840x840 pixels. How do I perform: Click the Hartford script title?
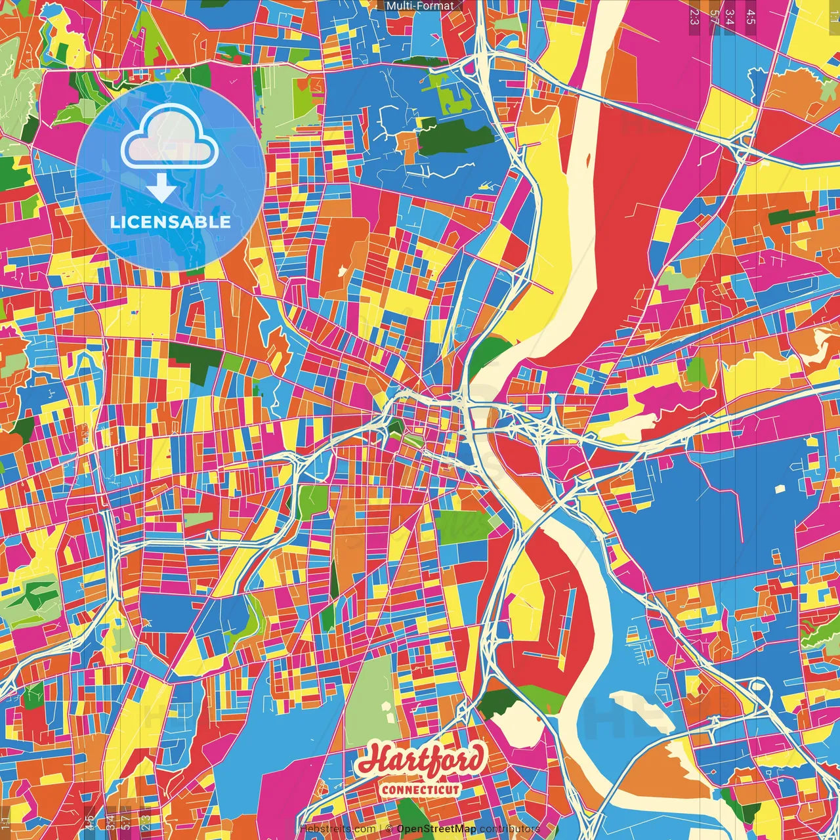pyautogui.click(x=421, y=759)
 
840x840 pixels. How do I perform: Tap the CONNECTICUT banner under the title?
pyautogui.click(x=421, y=789)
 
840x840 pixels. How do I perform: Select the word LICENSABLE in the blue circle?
pyautogui.click(x=170, y=222)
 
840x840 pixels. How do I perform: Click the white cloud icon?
pyautogui.click(x=170, y=137)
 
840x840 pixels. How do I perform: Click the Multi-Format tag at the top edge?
pyautogui.click(x=419, y=6)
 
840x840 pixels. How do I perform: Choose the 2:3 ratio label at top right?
pyautogui.click(x=694, y=16)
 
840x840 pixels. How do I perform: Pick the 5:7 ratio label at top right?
pyautogui.click(x=713, y=16)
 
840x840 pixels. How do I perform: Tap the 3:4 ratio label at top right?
pyautogui.click(x=729, y=16)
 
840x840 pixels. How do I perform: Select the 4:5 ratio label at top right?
pyautogui.click(x=750, y=16)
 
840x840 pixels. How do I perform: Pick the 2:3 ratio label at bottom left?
pyautogui.click(x=146, y=822)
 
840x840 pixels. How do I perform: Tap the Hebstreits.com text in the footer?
pyautogui.click(x=337, y=829)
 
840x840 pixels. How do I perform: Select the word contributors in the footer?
pyautogui.click(x=509, y=829)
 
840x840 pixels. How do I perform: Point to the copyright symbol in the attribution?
pyautogui.click(x=389, y=829)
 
